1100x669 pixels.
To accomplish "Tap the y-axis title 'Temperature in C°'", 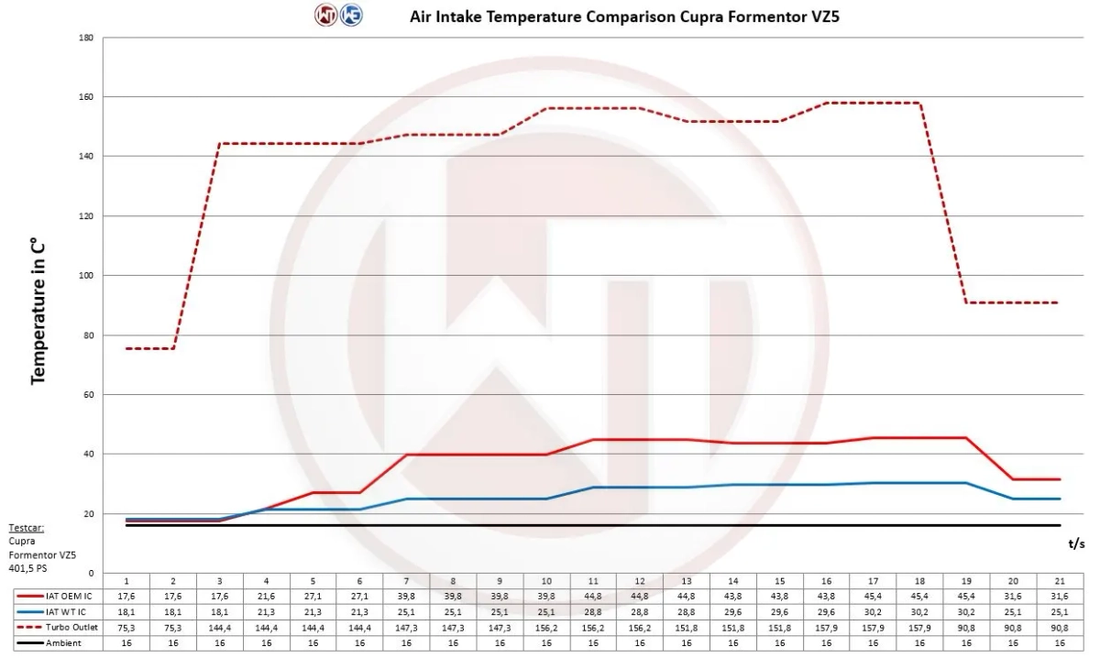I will [x=38, y=312].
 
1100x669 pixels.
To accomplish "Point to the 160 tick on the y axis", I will [x=86, y=97].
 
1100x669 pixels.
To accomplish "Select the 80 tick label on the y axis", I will [x=88, y=335].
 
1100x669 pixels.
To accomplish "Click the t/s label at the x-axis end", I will [x=1077, y=543].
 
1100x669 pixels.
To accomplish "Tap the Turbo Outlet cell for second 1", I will [x=126, y=628].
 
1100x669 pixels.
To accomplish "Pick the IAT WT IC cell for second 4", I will [x=266, y=612].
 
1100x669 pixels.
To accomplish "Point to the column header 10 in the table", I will [x=546, y=581].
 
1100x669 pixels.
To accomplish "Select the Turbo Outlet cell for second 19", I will [x=967, y=628].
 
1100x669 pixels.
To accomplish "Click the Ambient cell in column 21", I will [x=1060, y=643].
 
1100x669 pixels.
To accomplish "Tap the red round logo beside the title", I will [x=326, y=16].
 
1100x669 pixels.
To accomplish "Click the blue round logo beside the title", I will [x=350, y=16].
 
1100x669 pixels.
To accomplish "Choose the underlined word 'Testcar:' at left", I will [x=26, y=528].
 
